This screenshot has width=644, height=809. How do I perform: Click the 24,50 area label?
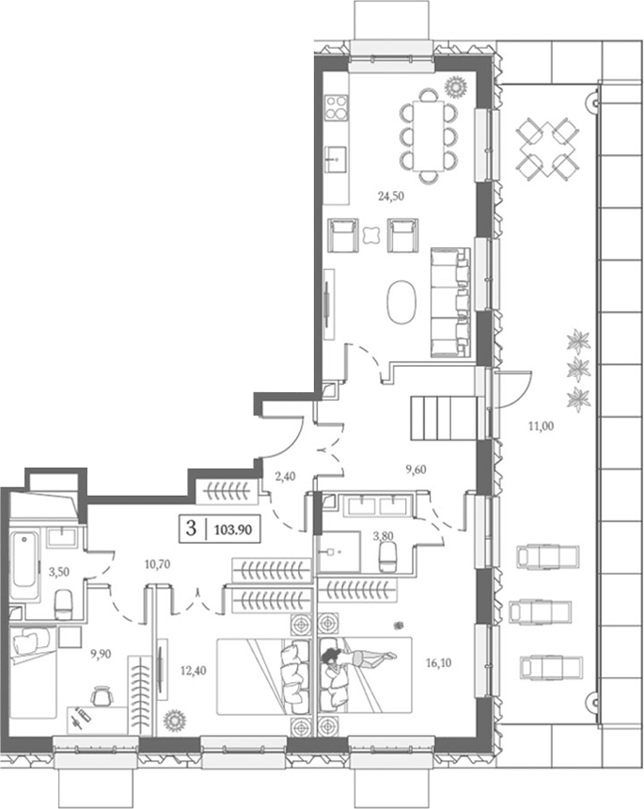[391, 196]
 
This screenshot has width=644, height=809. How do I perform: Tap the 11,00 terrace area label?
[542, 426]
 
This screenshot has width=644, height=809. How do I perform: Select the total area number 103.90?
[233, 530]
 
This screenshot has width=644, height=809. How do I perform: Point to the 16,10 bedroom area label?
[438, 663]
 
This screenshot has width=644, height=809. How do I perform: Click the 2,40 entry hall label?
[285, 476]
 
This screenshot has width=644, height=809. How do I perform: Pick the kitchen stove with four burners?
[337, 108]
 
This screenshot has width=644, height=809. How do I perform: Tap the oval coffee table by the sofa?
[401, 302]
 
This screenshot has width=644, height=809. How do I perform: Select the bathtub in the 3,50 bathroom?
[24, 566]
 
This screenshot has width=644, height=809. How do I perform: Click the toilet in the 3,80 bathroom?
[387, 557]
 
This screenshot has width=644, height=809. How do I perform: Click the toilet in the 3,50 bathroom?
[64, 605]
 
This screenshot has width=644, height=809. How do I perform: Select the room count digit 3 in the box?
[191, 529]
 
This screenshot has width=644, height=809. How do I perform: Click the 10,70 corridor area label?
[157, 564]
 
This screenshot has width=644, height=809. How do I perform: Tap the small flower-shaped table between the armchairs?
[372, 235]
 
